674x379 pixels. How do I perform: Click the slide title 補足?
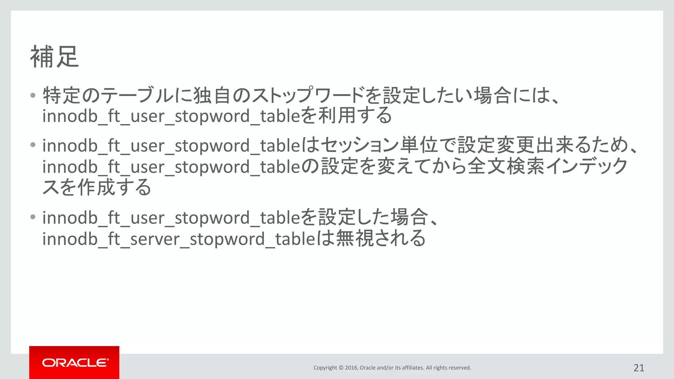click(x=55, y=57)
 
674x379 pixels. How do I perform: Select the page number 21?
click(x=639, y=368)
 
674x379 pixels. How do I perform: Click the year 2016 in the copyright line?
click(x=351, y=368)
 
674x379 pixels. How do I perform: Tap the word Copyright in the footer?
click(x=325, y=368)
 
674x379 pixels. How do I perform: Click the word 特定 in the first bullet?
click(x=62, y=96)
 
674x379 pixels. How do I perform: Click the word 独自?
click(x=212, y=96)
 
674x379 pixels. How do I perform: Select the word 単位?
click(x=418, y=145)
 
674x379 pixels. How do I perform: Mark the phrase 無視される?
click(x=380, y=239)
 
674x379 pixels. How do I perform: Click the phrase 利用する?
click(x=355, y=116)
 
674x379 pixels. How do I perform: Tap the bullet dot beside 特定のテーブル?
click(x=33, y=96)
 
